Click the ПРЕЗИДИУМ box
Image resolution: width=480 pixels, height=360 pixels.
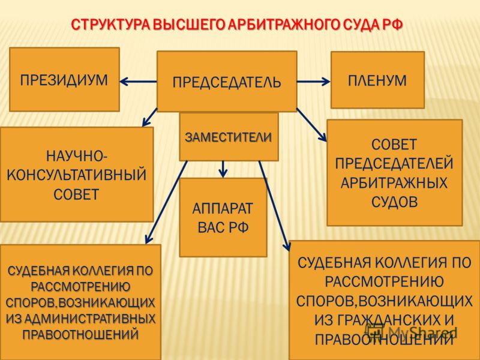64,79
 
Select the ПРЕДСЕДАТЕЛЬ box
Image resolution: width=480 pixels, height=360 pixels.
227,82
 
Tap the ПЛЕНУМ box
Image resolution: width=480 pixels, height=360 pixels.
377,80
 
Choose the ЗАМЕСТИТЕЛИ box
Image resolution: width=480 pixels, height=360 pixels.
229,137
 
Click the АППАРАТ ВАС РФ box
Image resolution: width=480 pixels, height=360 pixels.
223,218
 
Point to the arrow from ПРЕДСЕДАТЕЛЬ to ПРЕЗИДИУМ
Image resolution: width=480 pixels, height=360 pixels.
139,82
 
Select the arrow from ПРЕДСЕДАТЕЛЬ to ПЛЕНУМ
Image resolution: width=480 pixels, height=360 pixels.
314,82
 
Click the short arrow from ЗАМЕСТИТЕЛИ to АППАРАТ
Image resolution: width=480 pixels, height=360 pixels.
223,169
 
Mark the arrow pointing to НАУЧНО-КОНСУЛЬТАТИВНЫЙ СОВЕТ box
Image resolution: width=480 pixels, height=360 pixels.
149,117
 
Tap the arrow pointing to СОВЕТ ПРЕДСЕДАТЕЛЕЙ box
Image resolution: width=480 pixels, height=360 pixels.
311,125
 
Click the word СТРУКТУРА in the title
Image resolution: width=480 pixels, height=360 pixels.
111,25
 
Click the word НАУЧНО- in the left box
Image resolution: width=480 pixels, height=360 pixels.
77,157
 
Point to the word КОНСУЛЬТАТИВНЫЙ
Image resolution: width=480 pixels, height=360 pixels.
77,175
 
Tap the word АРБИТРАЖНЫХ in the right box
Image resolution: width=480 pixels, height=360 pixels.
394,183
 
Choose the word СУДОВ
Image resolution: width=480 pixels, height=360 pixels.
394,202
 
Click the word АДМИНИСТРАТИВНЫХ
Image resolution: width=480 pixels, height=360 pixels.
89,319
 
